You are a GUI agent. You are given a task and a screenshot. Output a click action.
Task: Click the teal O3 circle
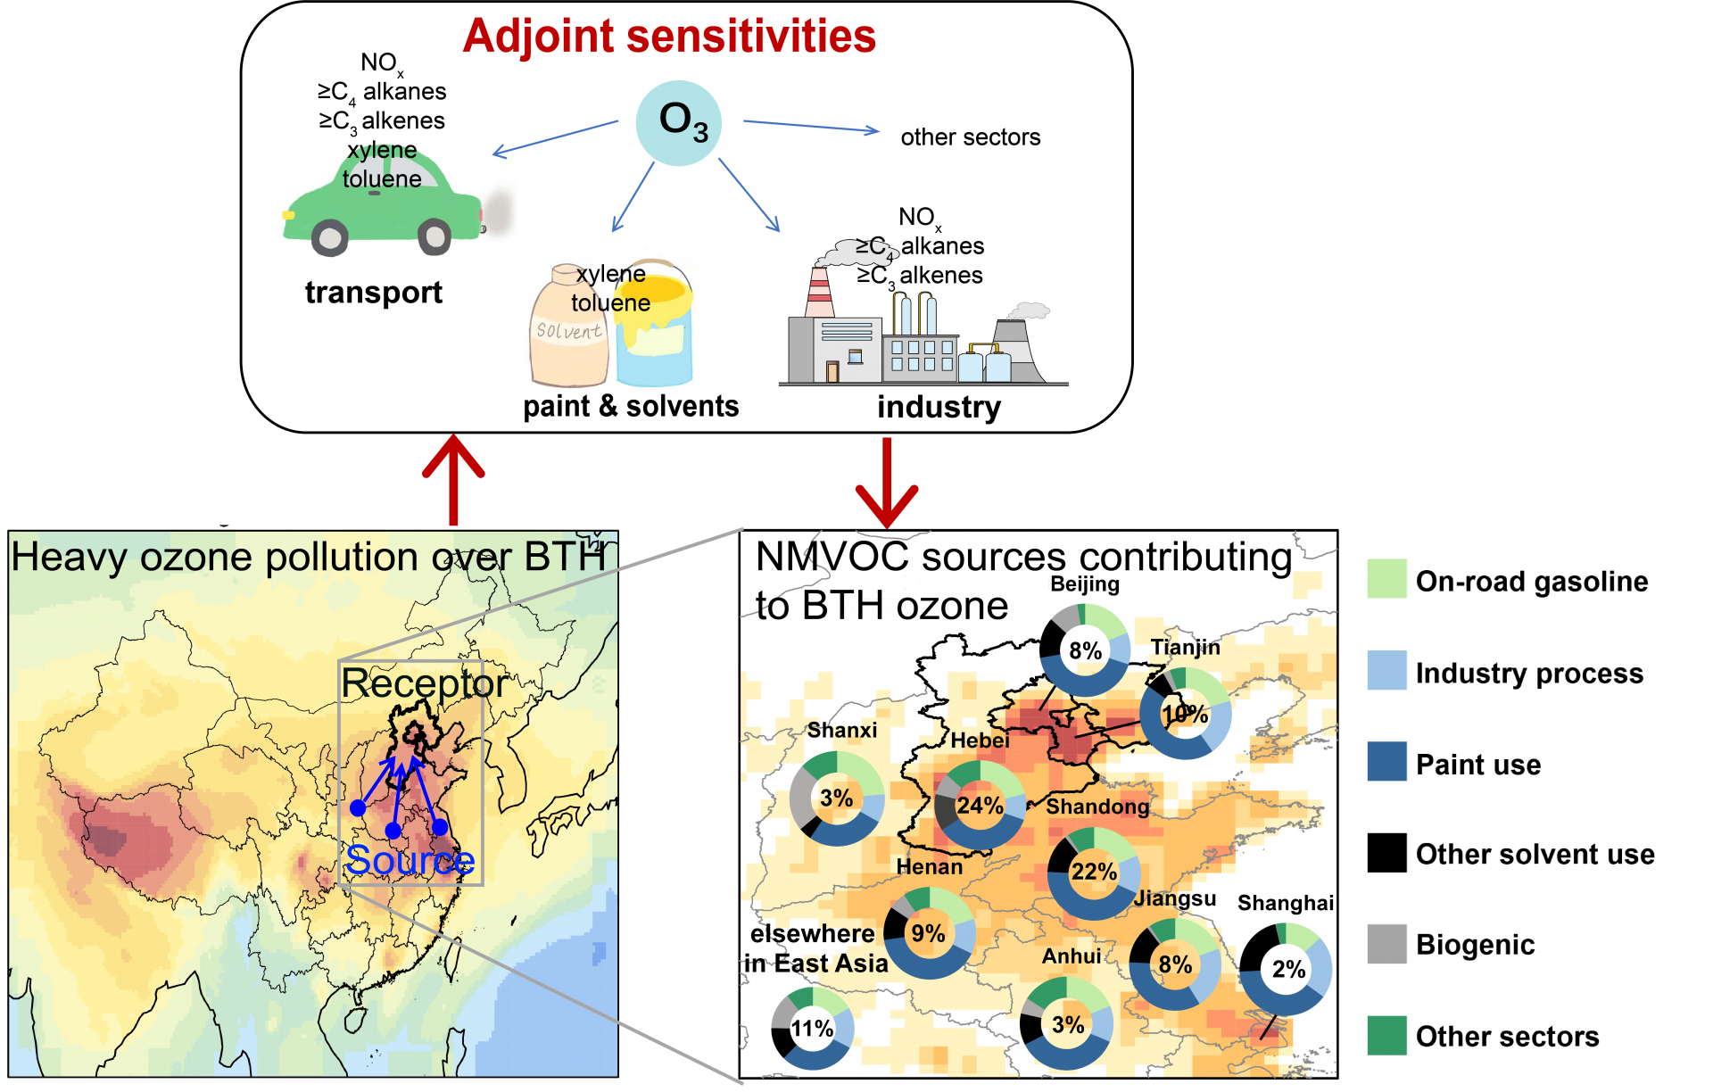tap(678, 122)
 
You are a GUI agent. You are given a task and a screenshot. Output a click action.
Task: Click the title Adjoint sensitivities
tap(669, 37)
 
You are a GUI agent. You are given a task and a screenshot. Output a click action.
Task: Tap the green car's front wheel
tap(329, 237)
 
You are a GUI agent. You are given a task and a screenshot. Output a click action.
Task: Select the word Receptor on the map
tap(424, 684)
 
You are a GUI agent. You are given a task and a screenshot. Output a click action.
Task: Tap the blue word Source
tap(410, 860)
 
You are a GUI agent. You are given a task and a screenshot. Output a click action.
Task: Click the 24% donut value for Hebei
tap(980, 806)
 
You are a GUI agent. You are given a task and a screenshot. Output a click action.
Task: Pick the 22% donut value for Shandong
tap(1094, 872)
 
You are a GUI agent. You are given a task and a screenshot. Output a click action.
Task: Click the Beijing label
tap(1084, 584)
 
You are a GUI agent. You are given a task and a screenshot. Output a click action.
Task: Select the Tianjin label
tap(1185, 647)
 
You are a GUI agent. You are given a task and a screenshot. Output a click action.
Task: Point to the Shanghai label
tap(1285, 903)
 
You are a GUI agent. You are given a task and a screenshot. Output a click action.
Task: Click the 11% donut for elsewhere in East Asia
tap(812, 1029)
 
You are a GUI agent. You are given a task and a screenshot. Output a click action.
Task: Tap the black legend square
tap(1386, 853)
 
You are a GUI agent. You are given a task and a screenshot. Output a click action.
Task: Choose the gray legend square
tap(1386, 944)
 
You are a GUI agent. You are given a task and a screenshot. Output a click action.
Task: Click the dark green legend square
tap(1386, 1036)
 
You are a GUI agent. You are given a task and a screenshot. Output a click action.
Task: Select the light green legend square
tap(1386, 578)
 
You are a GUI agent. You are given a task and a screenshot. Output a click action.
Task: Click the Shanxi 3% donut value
tap(836, 798)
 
